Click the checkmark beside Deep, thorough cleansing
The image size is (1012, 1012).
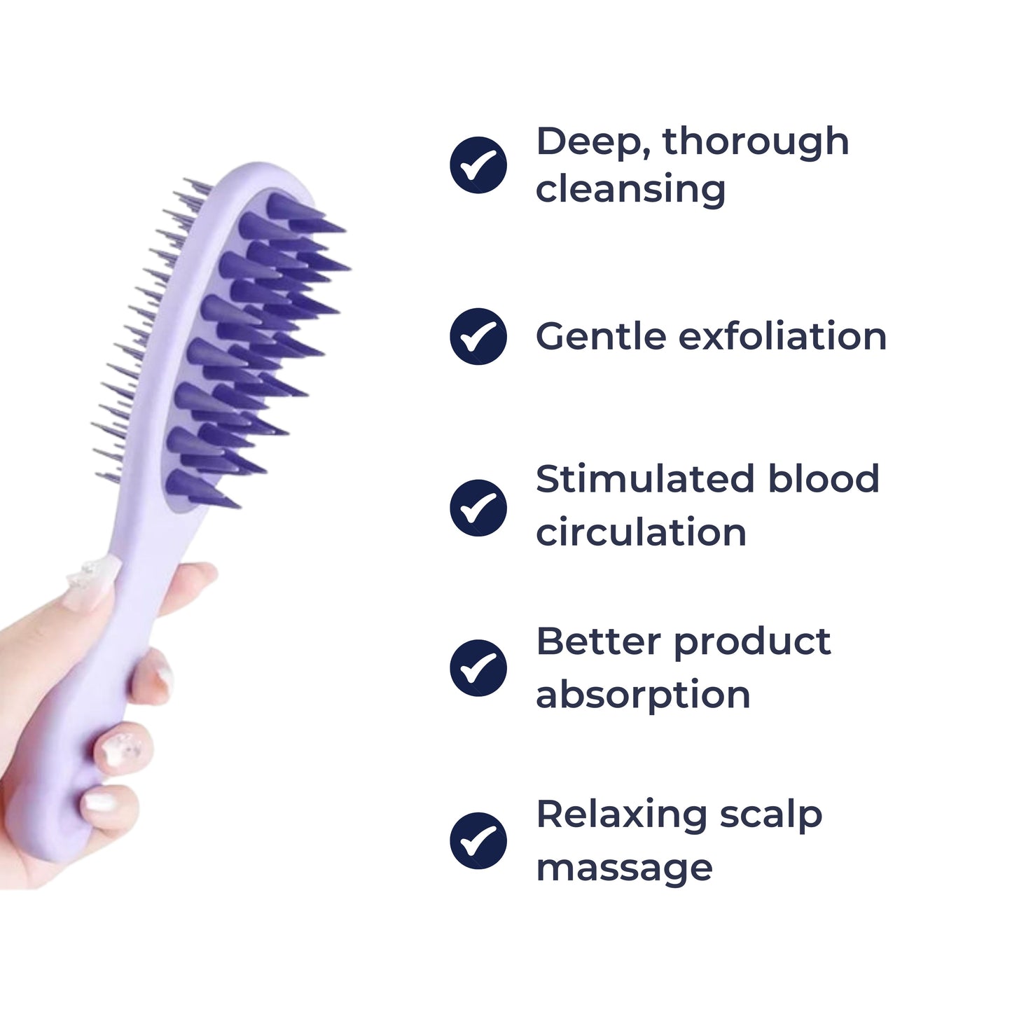click(x=478, y=165)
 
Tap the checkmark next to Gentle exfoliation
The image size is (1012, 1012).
click(x=478, y=336)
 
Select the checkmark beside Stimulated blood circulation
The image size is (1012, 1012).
click(x=478, y=507)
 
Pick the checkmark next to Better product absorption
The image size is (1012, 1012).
click(x=478, y=667)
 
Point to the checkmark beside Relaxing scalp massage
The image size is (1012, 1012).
click(x=478, y=840)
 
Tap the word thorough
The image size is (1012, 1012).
click(x=756, y=142)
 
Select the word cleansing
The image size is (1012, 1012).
click(x=630, y=189)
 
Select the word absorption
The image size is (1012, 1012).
click(x=643, y=695)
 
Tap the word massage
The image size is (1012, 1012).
click(x=624, y=868)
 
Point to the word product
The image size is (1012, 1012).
click(x=752, y=643)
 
